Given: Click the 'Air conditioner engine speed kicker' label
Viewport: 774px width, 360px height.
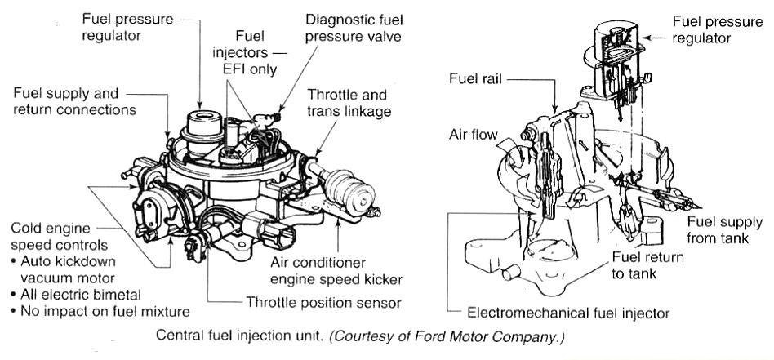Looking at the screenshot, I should point(336,272).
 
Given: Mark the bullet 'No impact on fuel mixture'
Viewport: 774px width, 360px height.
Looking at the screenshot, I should point(97,311).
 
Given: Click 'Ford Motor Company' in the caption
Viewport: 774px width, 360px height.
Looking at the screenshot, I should point(486,336).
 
